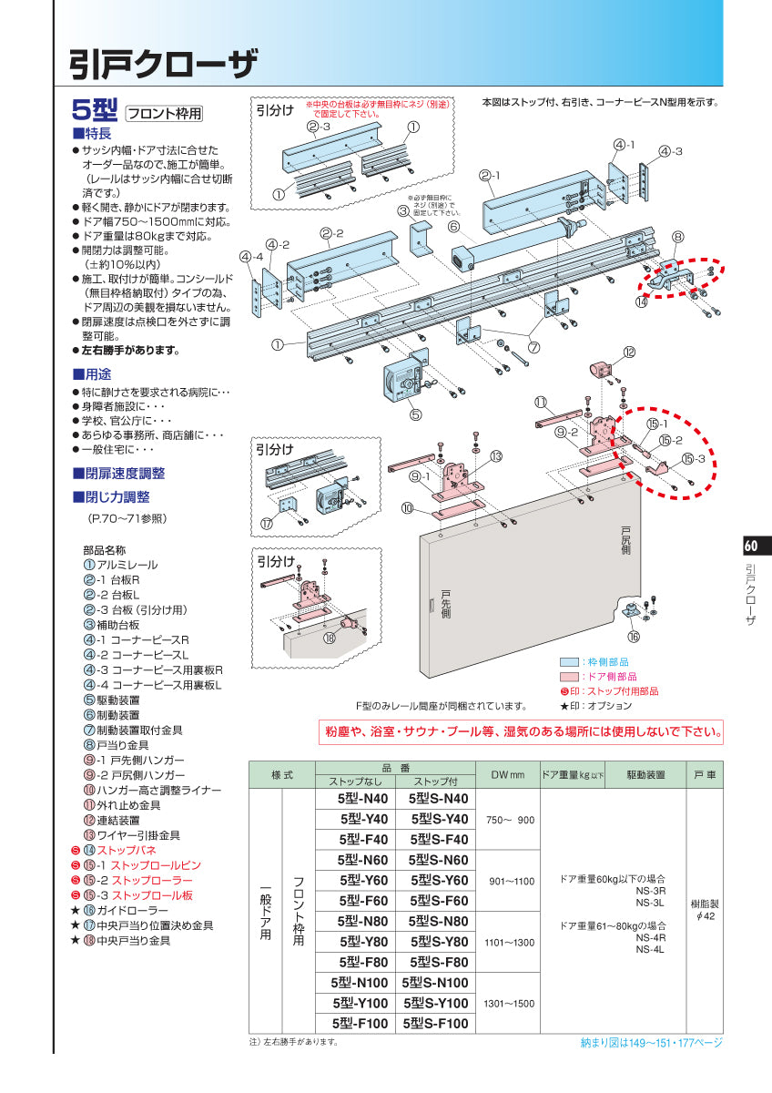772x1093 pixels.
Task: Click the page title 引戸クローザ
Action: tap(163, 64)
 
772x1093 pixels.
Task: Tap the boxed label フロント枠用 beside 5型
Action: tap(165, 114)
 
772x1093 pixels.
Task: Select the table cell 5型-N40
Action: tap(363, 799)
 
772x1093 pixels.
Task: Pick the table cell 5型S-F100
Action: tap(435, 1023)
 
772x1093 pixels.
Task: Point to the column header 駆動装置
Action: tap(645, 775)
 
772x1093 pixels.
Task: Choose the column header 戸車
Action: tap(705, 775)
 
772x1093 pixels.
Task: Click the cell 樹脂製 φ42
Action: tap(705, 910)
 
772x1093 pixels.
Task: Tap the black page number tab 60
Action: tap(752, 546)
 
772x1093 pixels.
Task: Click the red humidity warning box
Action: tap(521, 732)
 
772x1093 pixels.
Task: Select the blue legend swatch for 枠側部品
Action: tap(569, 662)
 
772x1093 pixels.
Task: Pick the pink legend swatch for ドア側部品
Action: tap(569, 677)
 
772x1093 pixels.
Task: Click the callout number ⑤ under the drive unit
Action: tap(415, 414)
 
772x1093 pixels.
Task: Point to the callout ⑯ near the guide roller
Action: tap(634, 637)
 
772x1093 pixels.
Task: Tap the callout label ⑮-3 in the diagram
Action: tap(693, 459)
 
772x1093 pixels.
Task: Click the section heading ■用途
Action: tap(92, 374)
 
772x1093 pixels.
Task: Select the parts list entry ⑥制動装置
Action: tap(112, 715)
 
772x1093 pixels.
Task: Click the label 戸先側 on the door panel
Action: tap(446, 604)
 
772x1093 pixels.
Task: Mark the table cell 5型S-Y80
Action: tap(435, 942)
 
